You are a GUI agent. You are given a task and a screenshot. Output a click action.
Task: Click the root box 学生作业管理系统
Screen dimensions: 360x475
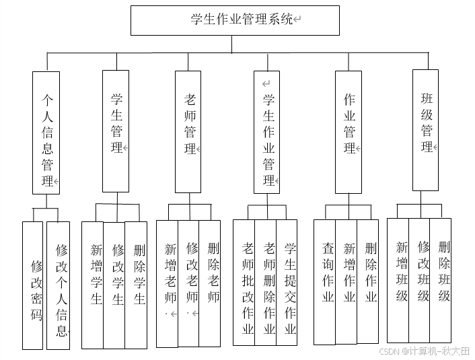click(235, 20)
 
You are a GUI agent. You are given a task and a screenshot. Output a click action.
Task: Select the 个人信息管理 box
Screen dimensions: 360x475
click(46, 133)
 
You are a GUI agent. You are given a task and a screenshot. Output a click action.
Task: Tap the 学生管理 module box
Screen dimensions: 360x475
click(116, 131)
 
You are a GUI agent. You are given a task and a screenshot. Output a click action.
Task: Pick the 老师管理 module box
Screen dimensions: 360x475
click(188, 131)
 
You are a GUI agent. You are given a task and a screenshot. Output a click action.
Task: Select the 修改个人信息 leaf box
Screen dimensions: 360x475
click(59, 285)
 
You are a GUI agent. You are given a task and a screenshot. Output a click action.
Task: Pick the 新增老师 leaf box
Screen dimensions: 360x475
click(168, 283)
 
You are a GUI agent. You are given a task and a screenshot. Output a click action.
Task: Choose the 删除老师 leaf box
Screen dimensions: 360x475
click(210, 283)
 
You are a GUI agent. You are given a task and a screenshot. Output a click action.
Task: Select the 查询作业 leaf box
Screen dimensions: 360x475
click(325, 282)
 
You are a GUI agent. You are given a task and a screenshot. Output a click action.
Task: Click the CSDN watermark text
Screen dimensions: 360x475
click(424, 351)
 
